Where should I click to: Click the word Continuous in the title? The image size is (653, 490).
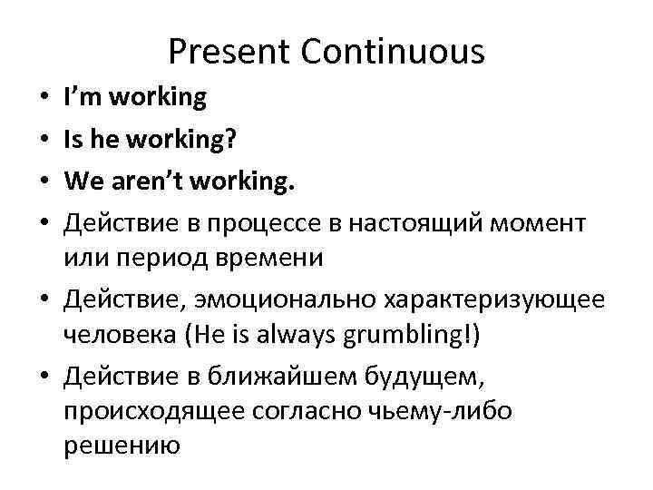(x=393, y=53)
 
